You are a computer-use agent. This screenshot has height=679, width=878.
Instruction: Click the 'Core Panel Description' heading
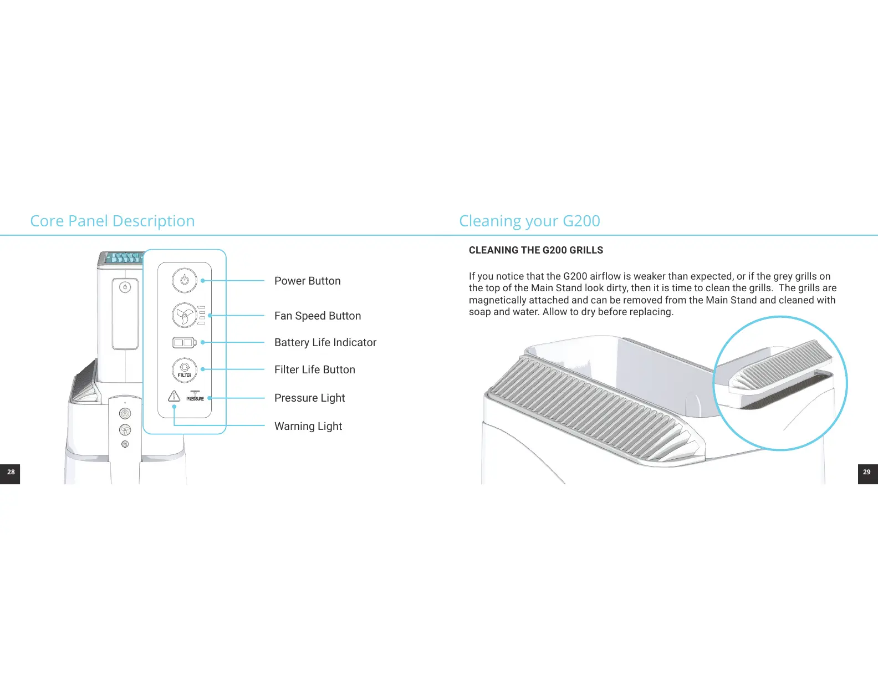[113, 221]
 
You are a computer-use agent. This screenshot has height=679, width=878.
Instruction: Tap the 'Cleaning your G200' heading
[529, 221]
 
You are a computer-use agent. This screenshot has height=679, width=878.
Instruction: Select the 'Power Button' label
[307, 281]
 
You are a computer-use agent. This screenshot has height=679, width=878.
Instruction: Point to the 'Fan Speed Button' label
[317, 316]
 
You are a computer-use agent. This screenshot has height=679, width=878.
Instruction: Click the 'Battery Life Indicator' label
[325, 342]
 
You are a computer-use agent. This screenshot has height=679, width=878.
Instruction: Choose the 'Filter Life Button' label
[314, 369]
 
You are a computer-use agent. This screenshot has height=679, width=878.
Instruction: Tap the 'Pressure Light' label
[309, 398]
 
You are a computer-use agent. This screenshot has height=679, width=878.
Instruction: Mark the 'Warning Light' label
[308, 426]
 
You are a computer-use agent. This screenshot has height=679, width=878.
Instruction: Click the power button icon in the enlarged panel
[185, 280]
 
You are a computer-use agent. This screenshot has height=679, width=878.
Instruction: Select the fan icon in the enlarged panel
[184, 315]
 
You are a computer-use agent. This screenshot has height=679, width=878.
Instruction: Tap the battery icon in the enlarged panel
[184, 343]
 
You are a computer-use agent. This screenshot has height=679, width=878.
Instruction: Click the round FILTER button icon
[185, 369]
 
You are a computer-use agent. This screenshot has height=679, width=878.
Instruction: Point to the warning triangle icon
[174, 396]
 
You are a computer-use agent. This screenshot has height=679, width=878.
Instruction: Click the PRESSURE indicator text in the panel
[195, 398]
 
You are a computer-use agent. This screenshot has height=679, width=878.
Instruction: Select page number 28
[11, 472]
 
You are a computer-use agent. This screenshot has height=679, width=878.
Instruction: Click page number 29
[867, 472]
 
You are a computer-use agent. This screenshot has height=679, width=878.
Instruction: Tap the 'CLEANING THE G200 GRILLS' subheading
[535, 250]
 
